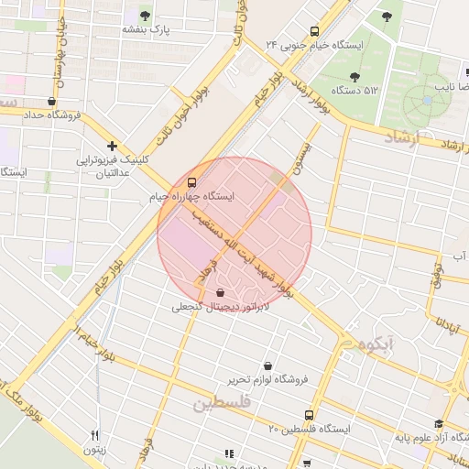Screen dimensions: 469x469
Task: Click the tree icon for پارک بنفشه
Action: click(x=145, y=15)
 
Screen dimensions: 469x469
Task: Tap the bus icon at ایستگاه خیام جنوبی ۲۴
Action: click(x=315, y=30)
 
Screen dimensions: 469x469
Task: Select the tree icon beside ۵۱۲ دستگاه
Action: click(x=354, y=77)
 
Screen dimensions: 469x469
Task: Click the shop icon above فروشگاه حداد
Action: click(x=51, y=102)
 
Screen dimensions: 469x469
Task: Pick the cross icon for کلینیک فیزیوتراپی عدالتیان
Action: click(x=112, y=146)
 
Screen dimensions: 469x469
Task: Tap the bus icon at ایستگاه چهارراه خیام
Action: click(x=191, y=181)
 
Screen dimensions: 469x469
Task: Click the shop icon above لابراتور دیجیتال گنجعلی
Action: click(x=220, y=292)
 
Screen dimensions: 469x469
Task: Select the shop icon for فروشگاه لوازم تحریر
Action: click(x=267, y=365)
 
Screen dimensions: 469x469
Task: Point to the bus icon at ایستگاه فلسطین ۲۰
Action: click(x=309, y=415)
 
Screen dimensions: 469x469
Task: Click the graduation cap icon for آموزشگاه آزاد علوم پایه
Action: click(x=439, y=424)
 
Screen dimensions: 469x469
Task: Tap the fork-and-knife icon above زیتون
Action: click(x=93, y=436)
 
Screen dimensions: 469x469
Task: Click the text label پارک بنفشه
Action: click(x=147, y=30)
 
